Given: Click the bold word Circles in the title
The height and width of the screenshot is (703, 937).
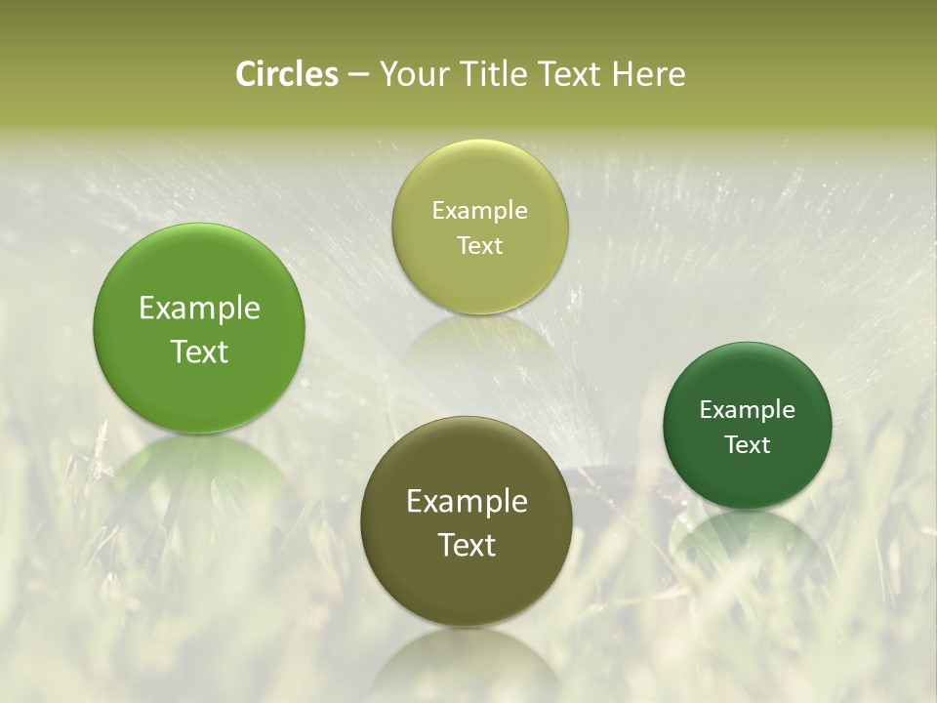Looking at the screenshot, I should tap(287, 74).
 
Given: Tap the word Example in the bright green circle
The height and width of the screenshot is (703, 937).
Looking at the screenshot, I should tap(199, 309).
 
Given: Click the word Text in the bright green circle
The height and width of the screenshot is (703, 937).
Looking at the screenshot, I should tap(199, 351).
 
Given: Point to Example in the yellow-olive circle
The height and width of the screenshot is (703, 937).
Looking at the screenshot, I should tap(479, 211).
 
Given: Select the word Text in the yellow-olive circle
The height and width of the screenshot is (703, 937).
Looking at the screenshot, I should tap(479, 245).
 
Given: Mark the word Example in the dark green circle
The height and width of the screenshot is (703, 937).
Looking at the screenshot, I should tap(747, 410).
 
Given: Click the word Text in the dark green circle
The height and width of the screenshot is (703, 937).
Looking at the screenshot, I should tap(747, 444).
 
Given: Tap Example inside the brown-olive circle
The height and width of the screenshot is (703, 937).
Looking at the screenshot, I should tap(467, 502).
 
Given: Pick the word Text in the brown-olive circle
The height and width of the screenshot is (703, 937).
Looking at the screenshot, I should tap(467, 545).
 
